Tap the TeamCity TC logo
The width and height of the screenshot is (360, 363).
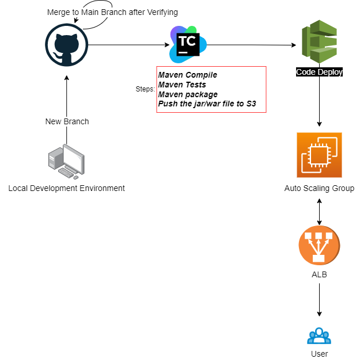click(185, 44)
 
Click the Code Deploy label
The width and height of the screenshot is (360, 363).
click(319, 72)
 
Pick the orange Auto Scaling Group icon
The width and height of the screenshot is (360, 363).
click(319, 155)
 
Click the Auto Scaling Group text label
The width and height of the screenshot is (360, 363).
click(319, 188)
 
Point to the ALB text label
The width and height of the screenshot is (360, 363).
click(319, 274)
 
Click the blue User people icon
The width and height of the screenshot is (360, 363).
click(319, 335)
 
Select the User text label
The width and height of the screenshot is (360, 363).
click(319, 354)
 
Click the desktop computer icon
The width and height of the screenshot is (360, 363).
click(67, 161)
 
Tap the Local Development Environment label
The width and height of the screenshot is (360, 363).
click(67, 188)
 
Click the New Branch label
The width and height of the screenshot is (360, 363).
click(67, 121)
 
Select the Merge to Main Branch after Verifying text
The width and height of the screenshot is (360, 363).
click(112, 12)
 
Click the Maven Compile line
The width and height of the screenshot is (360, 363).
click(188, 75)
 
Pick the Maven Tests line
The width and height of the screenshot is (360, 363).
click(182, 85)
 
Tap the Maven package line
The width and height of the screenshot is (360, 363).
click(188, 94)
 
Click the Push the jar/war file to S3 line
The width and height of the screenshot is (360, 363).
click(207, 104)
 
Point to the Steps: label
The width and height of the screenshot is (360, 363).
click(145, 89)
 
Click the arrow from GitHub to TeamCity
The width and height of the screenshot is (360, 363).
click(127, 45)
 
